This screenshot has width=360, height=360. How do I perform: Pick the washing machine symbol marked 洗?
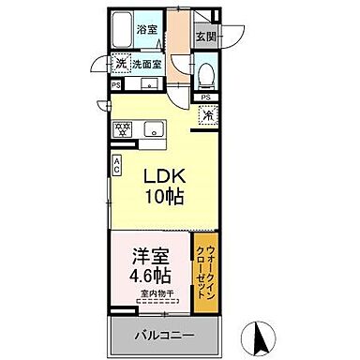[x=120, y=65]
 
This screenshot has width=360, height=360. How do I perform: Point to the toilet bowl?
[x=206, y=74]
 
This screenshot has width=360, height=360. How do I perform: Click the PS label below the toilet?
[x=205, y=97]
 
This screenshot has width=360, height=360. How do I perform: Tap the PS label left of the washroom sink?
[x=115, y=85]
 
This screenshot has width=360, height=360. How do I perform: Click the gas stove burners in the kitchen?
[x=122, y=127]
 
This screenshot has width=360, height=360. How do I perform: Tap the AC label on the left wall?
[x=116, y=166]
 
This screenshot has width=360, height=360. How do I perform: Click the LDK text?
[x=163, y=175]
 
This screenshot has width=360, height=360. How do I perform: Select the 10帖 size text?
[x=163, y=197]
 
